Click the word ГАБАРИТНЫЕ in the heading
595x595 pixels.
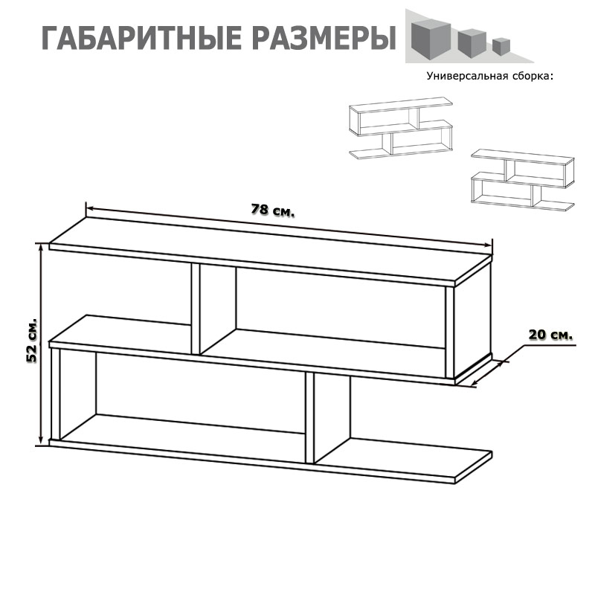(x=139, y=39)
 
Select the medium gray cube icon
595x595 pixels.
(x=472, y=43)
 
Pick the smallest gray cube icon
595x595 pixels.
(x=501, y=46)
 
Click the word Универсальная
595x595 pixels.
(x=468, y=77)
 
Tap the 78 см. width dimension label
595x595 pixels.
(x=272, y=210)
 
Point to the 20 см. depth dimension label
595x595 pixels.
(x=550, y=335)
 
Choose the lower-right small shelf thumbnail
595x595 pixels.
(x=523, y=180)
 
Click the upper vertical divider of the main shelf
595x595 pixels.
(x=196, y=309)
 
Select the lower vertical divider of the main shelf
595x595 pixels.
(x=310, y=418)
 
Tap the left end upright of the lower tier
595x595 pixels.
(x=55, y=394)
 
